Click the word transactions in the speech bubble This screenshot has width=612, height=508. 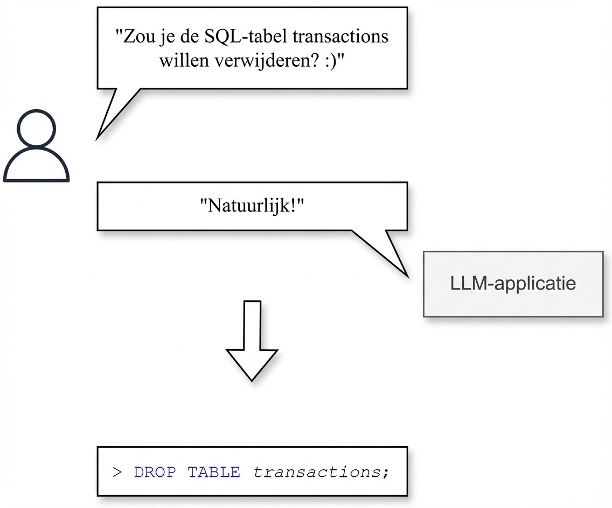(x=336, y=37)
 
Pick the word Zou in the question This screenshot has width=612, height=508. (x=135, y=37)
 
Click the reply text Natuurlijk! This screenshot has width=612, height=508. (x=252, y=206)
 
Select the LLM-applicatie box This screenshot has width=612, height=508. (x=513, y=284)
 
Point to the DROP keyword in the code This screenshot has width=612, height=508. (x=155, y=472)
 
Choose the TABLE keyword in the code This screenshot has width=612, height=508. (x=214, y=472)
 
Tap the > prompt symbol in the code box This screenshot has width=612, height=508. (x=117, y=472)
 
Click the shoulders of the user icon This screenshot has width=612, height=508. (x=36, y=167)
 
